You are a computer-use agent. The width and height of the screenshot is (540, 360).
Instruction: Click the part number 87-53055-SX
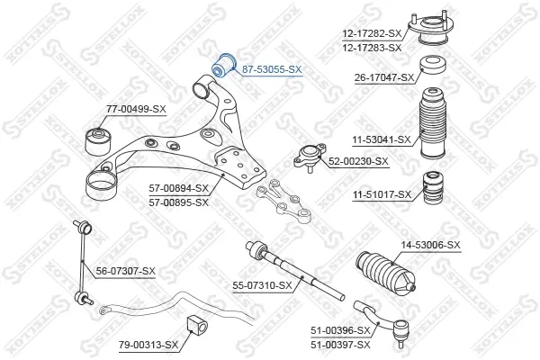(x=272, y=69)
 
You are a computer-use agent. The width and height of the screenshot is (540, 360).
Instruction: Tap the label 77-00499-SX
(x=136, y=110)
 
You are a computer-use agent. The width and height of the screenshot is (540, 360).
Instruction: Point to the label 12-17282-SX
(x=372, y=33)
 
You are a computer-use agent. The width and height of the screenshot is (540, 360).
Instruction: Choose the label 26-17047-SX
(x=384, y=78)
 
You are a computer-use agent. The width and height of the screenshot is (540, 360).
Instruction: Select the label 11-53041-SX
(x=382, y=139)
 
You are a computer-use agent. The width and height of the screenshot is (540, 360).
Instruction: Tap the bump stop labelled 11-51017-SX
(x=433, y=187)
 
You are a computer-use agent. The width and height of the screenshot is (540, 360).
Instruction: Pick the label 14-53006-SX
(x=430, y=246)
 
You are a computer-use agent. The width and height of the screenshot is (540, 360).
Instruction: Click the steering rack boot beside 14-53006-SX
(x=385, y=274)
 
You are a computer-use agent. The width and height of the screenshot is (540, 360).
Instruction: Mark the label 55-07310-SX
(x=262, y=285)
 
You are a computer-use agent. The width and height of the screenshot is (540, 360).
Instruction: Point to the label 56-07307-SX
(x=126, y=272)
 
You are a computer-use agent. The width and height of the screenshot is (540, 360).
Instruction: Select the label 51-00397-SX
(x=340, y=345)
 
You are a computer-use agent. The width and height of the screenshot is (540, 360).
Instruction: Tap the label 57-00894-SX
(x=179, y=188)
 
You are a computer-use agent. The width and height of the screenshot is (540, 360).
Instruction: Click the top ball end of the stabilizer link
(x=85, y=228)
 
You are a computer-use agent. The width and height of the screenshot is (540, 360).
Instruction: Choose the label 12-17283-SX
(x=372, y=48)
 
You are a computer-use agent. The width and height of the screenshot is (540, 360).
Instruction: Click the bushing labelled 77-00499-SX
(x=98, y=141)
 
